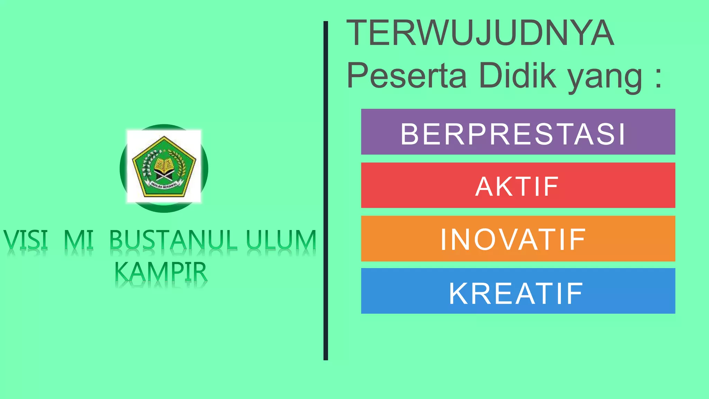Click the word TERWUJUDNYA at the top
480,33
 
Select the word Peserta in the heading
407,76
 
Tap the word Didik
517,76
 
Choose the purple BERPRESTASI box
518,132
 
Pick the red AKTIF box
518,186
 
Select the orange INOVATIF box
518,239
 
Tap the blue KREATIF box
518,291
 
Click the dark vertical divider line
325,190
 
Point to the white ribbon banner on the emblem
164,185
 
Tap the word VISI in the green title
26,240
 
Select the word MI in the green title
79,240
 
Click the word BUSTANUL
173,240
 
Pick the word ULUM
281,240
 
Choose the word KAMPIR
161,272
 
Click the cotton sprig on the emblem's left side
148,165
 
